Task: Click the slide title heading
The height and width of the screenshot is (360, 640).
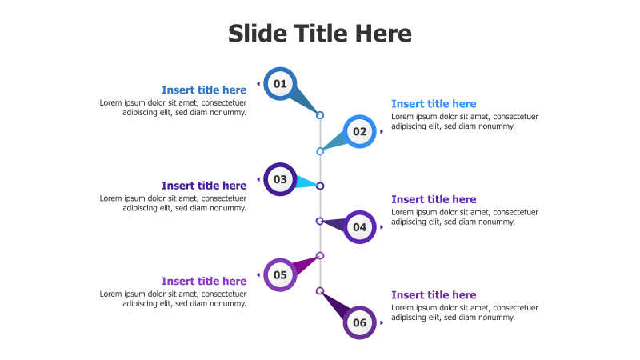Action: click(320, 34)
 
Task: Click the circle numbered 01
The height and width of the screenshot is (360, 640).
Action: click(280, 84)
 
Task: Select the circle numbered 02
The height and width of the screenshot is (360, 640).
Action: click(360, 132)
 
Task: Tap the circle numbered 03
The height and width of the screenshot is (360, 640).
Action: click(280, 179)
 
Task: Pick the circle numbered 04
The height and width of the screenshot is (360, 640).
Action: click(360, 227)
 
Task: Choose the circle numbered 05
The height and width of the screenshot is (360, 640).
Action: click(280, 275)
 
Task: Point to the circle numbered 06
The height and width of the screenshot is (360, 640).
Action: click(360, 323)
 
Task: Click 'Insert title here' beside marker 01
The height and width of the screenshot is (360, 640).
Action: click(204, 90)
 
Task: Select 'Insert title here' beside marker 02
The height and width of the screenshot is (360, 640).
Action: click(434, 104)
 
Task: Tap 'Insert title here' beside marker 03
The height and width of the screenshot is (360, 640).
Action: click(204, 186)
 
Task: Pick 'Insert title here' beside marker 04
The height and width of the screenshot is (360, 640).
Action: click(434, 200)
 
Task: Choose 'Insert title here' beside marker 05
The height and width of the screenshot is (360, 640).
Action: click(204, 282)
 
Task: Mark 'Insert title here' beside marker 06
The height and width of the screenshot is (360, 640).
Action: click(434, 295)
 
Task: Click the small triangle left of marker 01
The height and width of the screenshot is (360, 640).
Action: click(258, 83)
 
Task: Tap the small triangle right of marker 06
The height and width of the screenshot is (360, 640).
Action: click(382, 322)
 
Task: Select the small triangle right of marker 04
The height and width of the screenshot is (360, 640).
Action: click(382, 227)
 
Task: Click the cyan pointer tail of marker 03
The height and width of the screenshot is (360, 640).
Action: click(306, 182)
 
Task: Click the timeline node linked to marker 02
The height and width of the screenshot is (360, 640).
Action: click(320, 151)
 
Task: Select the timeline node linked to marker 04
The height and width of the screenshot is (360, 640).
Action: click(320, 221)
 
